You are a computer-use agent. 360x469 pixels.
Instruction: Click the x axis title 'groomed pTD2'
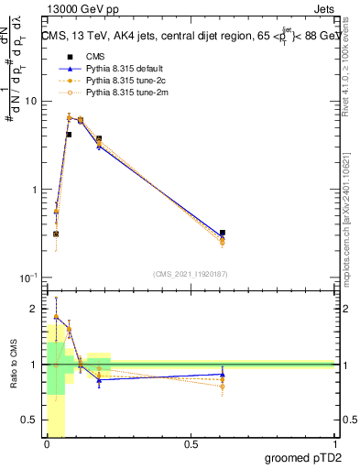(x=302, y=458)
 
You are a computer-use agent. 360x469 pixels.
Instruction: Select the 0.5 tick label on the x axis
(x=191, y=446)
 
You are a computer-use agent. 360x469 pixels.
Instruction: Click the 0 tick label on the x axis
(x=47, y=446)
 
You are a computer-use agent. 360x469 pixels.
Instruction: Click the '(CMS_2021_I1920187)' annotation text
(x=191, y=273)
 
